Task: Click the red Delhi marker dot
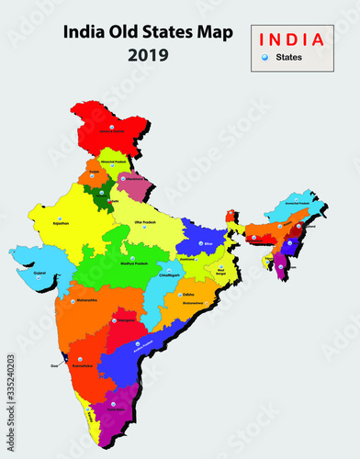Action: point(113,196)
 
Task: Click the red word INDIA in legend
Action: point(292,39)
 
